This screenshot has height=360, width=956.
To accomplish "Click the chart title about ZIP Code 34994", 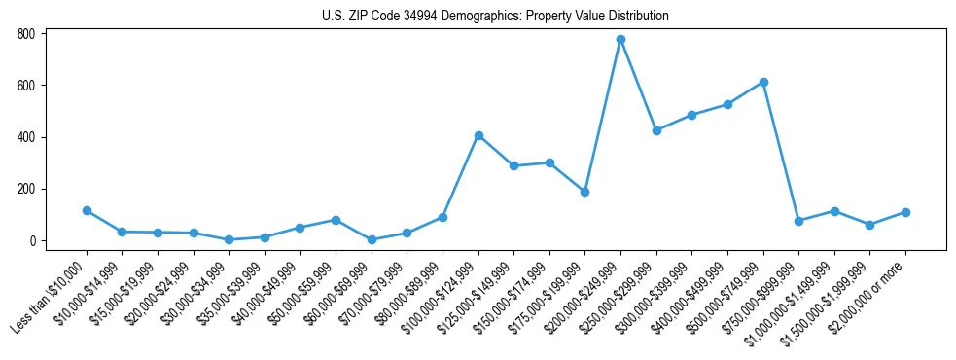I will point(495,17).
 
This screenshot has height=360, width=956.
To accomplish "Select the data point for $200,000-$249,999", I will point(620,40).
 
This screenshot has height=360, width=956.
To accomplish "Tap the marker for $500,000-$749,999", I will point(763,83).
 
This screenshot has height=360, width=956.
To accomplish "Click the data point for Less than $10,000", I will point(87,210).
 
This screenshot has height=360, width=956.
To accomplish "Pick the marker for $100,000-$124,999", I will point(478,135).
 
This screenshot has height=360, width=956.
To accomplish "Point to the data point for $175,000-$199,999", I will point(584,192).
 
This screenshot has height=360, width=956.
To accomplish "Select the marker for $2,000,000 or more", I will point(905,212).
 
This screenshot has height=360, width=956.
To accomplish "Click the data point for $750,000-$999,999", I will point(798,221).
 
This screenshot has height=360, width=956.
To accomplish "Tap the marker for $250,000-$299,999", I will point(656,130).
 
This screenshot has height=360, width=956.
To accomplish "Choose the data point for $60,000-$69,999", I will point(372,239).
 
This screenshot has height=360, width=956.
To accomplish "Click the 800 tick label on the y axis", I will point(26,34).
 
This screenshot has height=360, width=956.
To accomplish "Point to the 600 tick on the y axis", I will point(26,86).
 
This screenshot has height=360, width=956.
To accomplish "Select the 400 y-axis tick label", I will point(26,137).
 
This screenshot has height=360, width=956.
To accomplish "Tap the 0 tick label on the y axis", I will point(32,240).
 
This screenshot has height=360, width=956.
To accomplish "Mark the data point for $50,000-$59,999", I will point(336,220).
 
